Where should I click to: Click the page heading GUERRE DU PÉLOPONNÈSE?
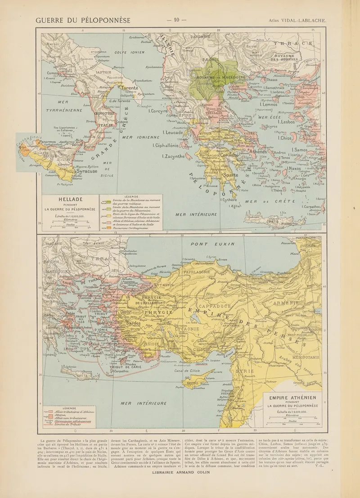83,20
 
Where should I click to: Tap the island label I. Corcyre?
158,111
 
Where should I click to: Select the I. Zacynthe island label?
173,156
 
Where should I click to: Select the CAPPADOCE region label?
212,306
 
